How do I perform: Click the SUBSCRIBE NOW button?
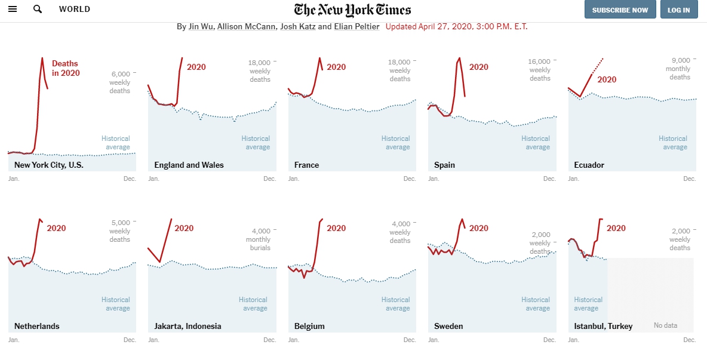pyautogui.click(x=620, y=10)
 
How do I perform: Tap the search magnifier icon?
pyautogui.click(x=38, y=9)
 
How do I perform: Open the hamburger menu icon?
pyautogui.click(x=13, y=9)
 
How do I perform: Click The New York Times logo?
pyautogui.click(x=352, y=10)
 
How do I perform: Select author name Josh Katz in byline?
pyautogui.click(x=298, y=27)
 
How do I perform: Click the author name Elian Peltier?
pyautogui.click(x=356, y=27)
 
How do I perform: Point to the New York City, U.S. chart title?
pyautogui.click(x=49, y=165)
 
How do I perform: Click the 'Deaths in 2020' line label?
pyautogui.click(x=66, y=68)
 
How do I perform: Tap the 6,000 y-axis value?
pyautogui.click(x=120, y=74)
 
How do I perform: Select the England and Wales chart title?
pyautogui.click(x=189, y=165)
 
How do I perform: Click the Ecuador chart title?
pyautogui.click(x=589, y=165)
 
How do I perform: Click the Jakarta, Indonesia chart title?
pyautogui.click(x=187, y=326)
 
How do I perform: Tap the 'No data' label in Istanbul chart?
pyautogui.click(x=666, y=325)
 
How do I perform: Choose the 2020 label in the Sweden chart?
pyautogui.click(x=479, y=229)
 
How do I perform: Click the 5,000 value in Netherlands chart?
pyautogui.click(x=120, y=223)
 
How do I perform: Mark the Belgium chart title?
pyautogui.click(x=309, y=326)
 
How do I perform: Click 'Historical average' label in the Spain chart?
pyautogui.click(x=536, y=143)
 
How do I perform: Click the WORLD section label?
pyautogui.click(x=75, y=9)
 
